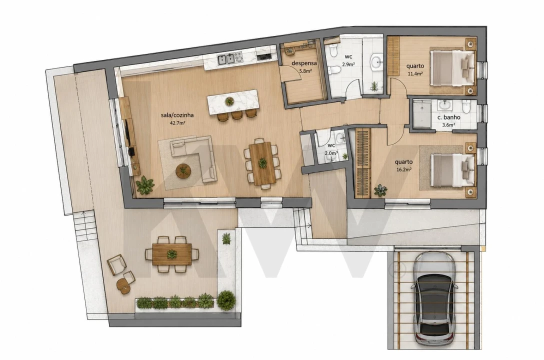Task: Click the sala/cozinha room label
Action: point(177,115)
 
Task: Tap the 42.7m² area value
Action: point(177,123)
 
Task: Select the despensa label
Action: point(304,63)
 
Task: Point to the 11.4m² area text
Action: point(415,73)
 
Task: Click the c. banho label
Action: point(449,117)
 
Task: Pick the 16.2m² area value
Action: point(404,169)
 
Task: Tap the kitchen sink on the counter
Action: point(225,59)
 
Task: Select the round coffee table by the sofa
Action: point(183,170)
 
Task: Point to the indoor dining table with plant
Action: point(262,163)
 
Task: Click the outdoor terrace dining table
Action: point(171,254)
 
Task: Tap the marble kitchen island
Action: point(233,101)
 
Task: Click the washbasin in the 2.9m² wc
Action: point(376,62)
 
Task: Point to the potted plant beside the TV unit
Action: point(145,185)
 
